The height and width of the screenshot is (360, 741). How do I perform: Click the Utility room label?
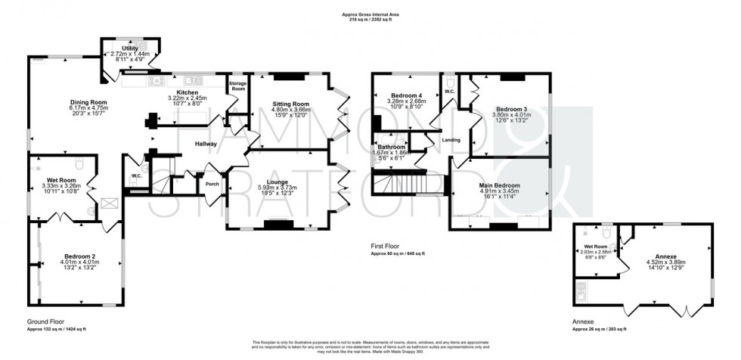click(x=130, y=48)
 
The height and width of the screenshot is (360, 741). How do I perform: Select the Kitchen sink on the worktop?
click(x=191, y=81)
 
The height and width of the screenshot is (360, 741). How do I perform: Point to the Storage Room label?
click(x=238, y=86)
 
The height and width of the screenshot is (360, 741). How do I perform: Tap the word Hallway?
click(x=206, y=144)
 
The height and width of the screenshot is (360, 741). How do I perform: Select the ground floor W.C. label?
click(x=137, y=176)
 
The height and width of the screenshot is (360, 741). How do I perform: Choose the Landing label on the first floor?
click(x=451, y=140)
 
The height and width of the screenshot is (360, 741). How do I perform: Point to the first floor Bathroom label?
click(x=392, y=147)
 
